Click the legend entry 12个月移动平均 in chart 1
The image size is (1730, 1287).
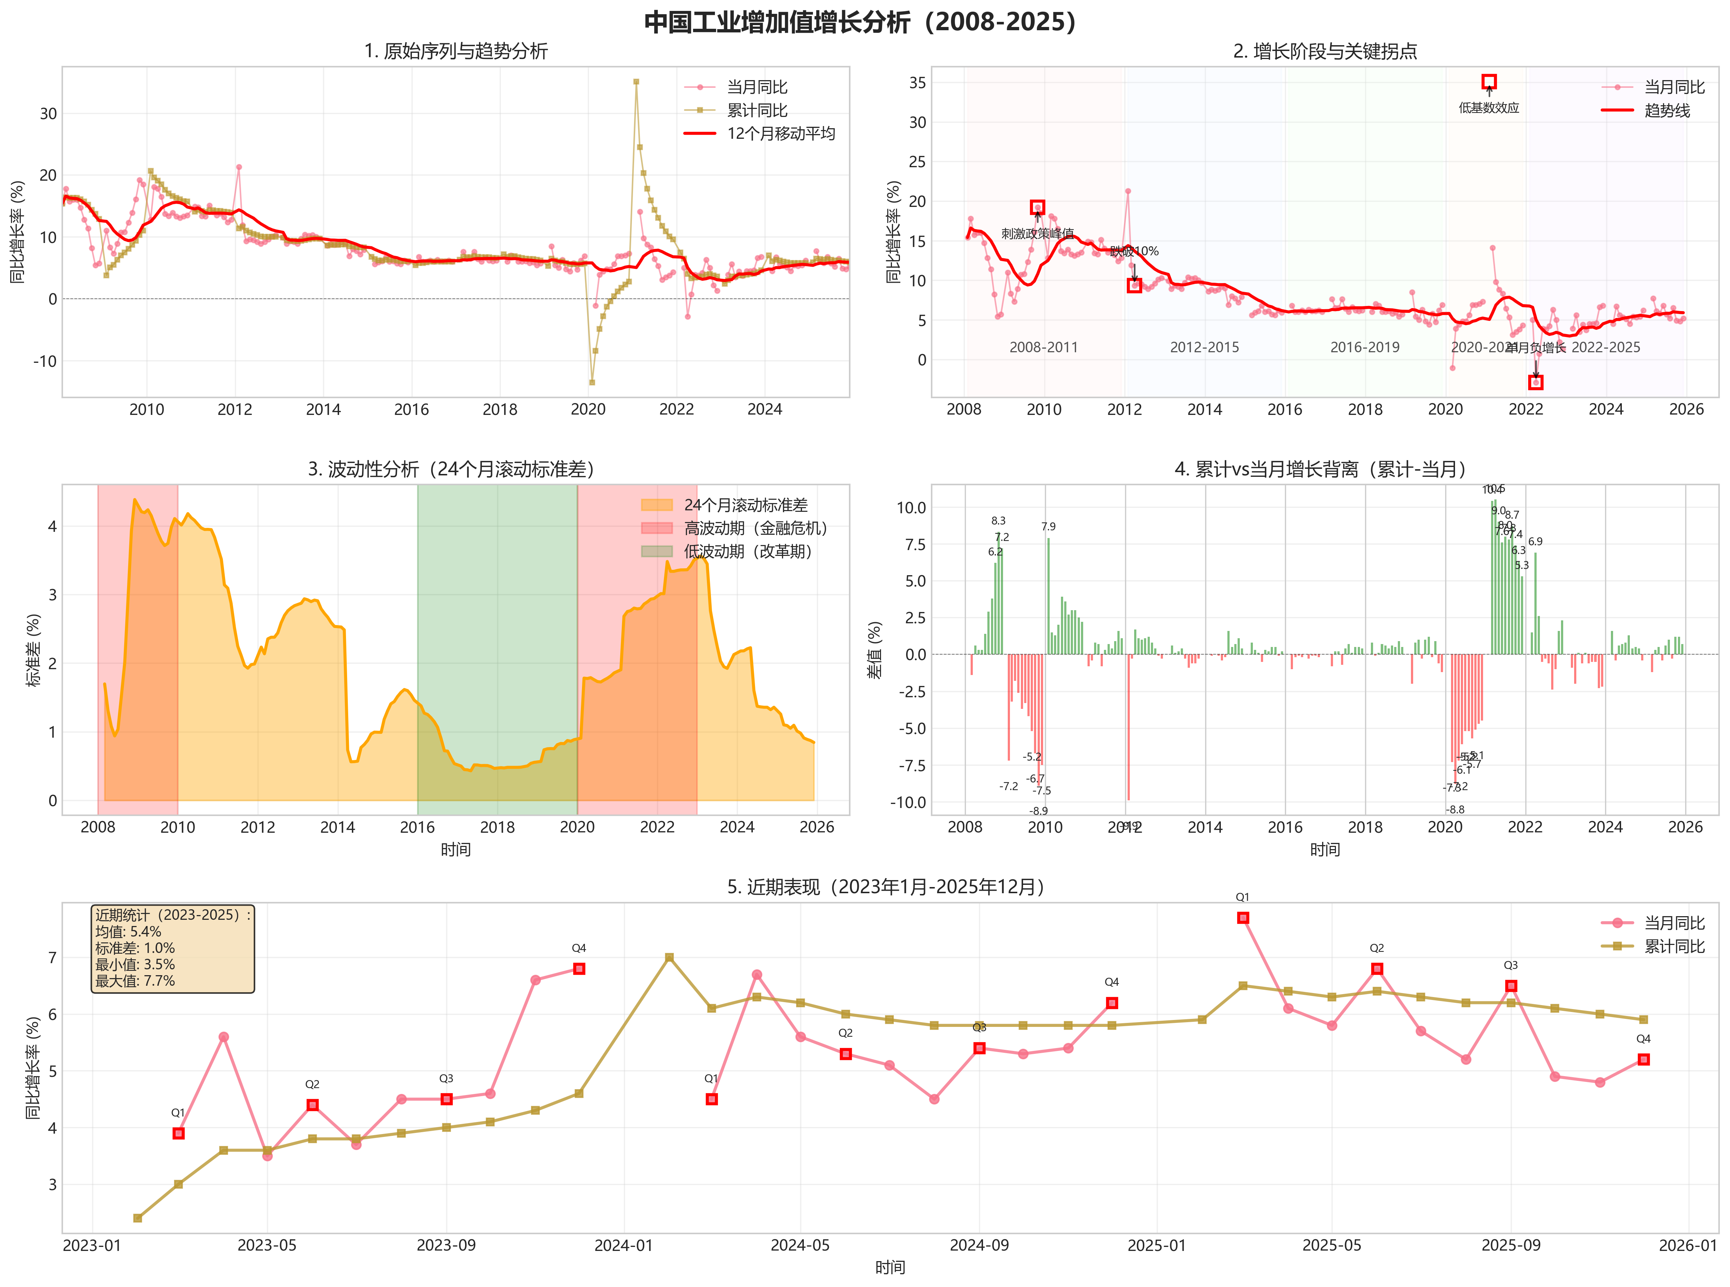(781, 133)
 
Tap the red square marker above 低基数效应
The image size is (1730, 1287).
(1489, 82)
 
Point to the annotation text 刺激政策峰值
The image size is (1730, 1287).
(1037, 234)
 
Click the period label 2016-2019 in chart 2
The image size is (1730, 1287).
(1365, 348)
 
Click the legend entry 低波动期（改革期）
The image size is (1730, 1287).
(748, 552)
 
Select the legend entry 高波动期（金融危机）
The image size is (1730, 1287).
(756, 528)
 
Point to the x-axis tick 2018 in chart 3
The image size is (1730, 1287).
(497, 827)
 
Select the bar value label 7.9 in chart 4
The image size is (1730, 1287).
(1049, 527)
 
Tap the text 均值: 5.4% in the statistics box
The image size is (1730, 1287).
(129, 932)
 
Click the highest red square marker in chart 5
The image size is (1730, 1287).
(1243, 918)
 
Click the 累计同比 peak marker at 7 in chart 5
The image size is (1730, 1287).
(669, 957)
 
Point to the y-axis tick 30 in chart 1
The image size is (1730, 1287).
(48, 114)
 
